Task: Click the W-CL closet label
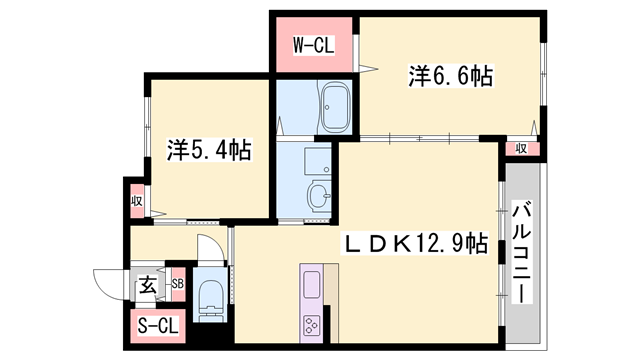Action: (312, 45)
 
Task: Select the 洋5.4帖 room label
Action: (209, 151)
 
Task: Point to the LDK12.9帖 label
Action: (417, 243)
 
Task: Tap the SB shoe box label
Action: (177, 285)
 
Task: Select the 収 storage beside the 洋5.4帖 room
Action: (134, 199)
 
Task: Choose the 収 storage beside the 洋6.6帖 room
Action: (522, 148)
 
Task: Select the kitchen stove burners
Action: (312, 325)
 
